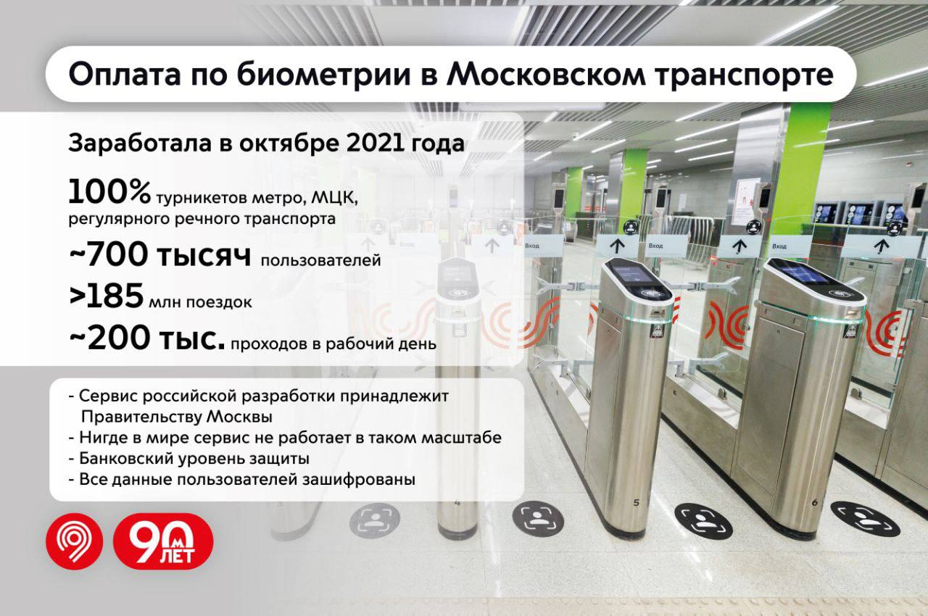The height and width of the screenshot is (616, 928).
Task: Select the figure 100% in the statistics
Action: pos(109,193)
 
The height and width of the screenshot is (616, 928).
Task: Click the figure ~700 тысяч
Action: pos(160,257)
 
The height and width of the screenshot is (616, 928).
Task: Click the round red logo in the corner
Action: pos(75,541)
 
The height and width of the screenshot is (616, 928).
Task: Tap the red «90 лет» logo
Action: pos(163,541)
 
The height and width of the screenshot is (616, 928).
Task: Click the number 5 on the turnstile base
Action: pos(636,502)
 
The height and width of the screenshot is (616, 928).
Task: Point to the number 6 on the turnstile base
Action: pos(814,501)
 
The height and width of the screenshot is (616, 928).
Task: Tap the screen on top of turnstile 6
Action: pos(800,273)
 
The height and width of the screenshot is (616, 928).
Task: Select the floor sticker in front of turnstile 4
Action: pos(374,520)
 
